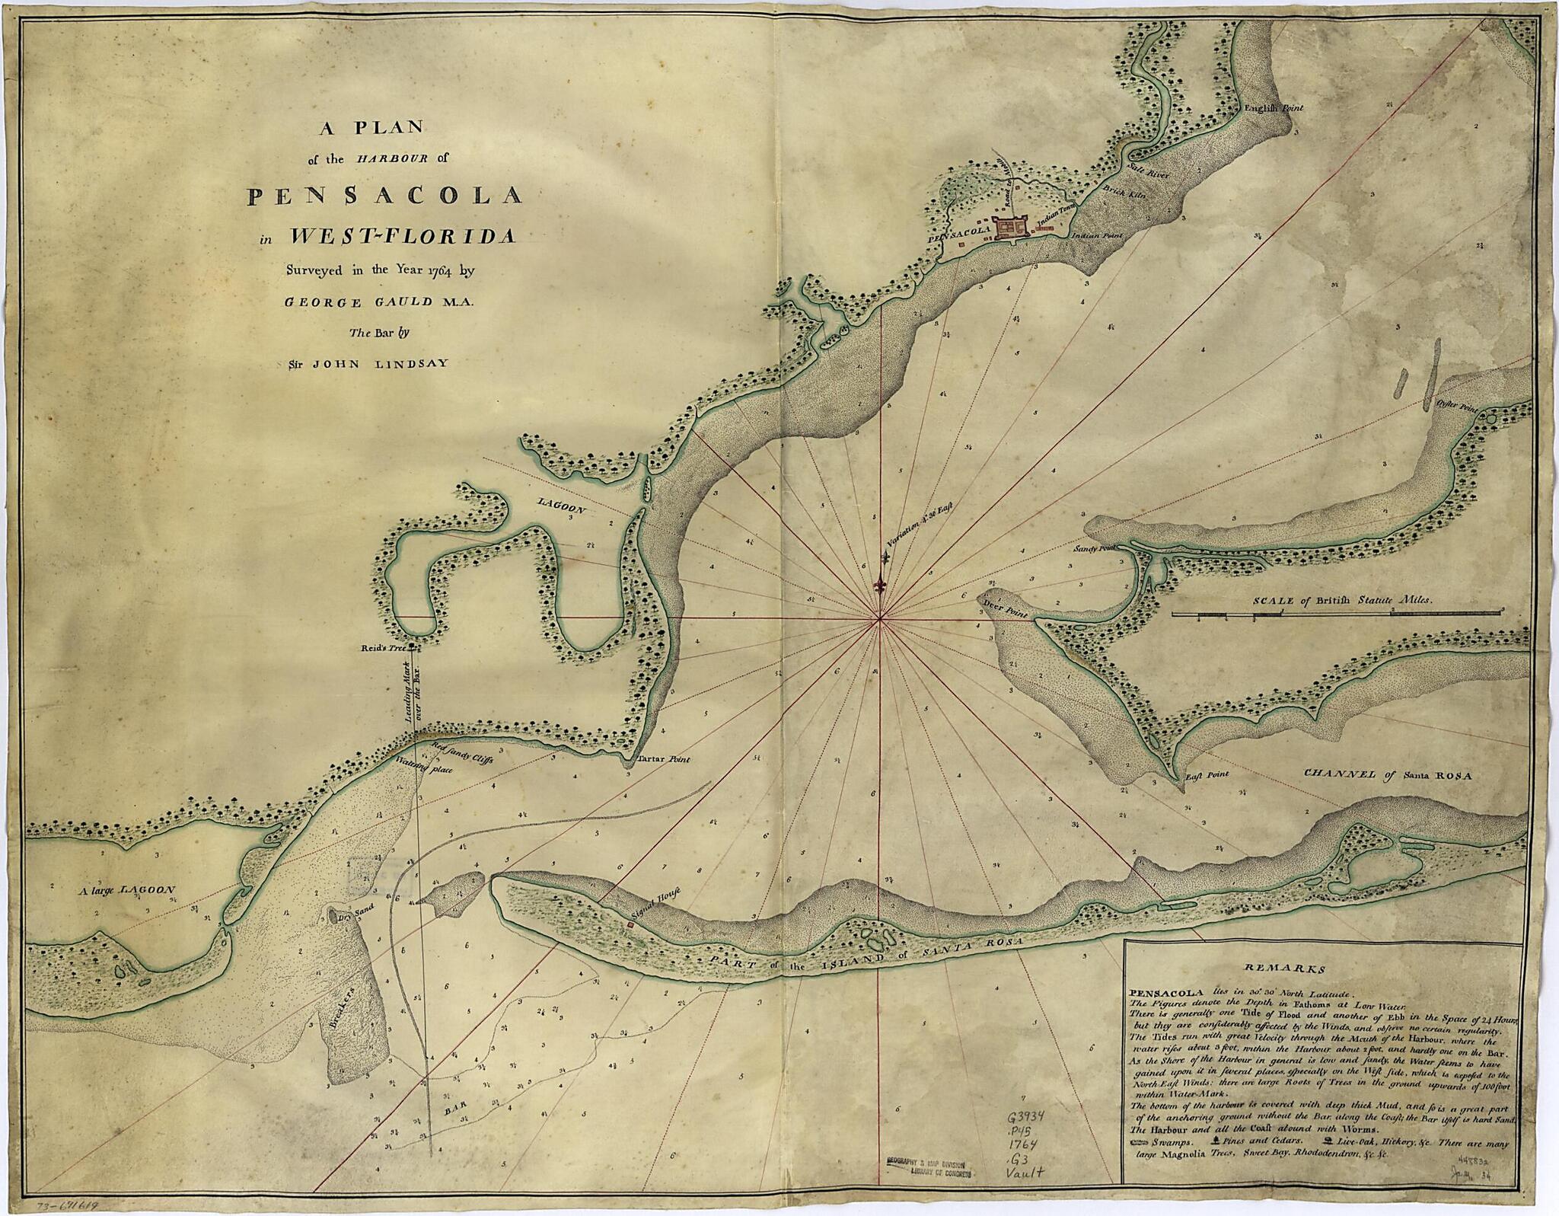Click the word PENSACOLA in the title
click(385, 196)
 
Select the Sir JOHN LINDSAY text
click(365, 363)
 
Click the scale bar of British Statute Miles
click(1337, 611)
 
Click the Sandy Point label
click(1093, 548)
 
